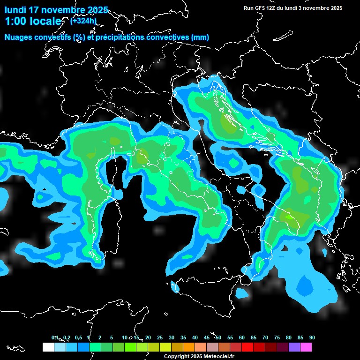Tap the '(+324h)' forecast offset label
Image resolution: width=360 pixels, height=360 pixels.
coord(83,21)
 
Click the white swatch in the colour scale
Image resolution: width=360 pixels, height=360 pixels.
coord(48,347)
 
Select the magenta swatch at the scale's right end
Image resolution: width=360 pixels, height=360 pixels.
coord(306,347)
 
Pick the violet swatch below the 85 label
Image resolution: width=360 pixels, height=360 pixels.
coord(294,347)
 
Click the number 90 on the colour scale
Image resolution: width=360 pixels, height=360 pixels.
coord(312,338)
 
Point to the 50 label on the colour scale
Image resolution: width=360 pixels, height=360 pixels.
coord(218,338)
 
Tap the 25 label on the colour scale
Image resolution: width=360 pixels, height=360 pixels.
coord(160,338)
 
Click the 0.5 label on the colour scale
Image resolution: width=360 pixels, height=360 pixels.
coord(78,338)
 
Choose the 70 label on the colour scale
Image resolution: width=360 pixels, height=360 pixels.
coord(265,338)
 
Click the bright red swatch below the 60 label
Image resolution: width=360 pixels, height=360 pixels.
coord(247,347)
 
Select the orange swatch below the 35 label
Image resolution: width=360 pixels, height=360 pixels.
coord(189,347)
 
